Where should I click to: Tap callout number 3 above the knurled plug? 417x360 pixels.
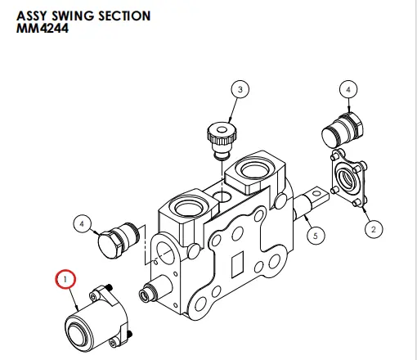pyautogui.click(x=239, y=89)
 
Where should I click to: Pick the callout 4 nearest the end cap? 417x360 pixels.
pyautogui.click(x=81, y=222)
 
